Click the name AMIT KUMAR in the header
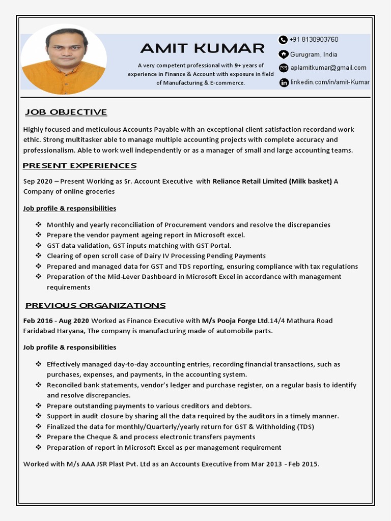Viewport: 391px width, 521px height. click(x=202, y=48)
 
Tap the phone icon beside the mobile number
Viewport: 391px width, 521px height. click(x=283, y=40)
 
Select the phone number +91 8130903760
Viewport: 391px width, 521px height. click(x=314, y=40)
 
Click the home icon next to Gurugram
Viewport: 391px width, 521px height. click(x=284, y=54)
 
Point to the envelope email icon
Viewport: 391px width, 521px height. click(x=284, y=68)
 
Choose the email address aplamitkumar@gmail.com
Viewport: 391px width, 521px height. click(x=328, y=68)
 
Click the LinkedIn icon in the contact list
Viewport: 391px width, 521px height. click(x=284, y=82)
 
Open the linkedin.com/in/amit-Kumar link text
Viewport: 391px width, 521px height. click(x=330, y=82)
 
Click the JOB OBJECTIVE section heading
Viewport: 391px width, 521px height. click(x=66, y=112)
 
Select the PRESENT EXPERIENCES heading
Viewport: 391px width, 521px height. click(x=80, y=165)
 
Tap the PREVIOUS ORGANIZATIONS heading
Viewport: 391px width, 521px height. click(x=95, y=305)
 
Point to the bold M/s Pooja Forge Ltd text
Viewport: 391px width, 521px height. click(x=235, y=321)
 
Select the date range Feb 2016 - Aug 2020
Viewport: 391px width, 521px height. click(x=56, y=321)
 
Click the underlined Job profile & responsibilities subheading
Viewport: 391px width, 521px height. click(x=70, y=208)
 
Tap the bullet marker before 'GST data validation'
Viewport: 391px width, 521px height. click(x=39, y=245)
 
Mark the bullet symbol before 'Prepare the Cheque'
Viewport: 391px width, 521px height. click(x=39, y=437)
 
